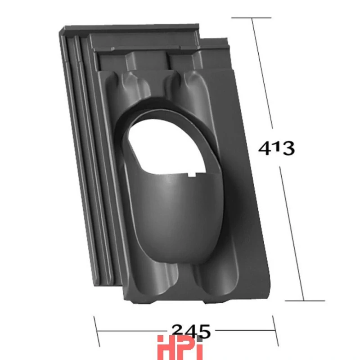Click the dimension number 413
[x=276, y=148]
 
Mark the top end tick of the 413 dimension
[x=252, y=18]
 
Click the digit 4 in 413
[x=265, y=148]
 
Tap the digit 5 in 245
[x=203, y=332]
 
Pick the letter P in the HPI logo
[x=183, y=347]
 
